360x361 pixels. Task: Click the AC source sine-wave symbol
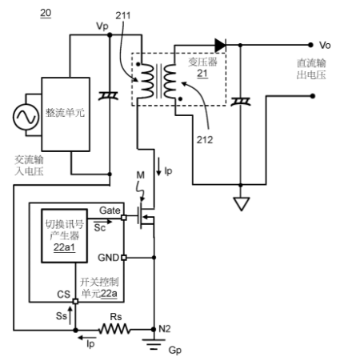click(26, 117)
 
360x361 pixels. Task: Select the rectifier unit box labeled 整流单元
click(66, 114)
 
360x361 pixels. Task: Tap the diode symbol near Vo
click(221, 45)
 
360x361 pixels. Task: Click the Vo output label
click(325, 46)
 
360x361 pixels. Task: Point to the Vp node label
click(102, 26)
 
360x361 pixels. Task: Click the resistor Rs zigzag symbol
click(114, 330)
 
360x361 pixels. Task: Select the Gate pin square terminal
click(124, 218)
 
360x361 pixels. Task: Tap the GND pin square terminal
click(124, 258)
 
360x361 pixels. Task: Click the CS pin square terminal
click(75, 302)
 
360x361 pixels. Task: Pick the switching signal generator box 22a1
click(65, 236)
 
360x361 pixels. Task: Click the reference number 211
click(123, 16)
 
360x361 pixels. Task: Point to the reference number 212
click(205, 140)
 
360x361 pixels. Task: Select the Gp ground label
click(175, 350)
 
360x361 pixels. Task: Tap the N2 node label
click(165, 329)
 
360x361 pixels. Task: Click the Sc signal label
click(100, 228)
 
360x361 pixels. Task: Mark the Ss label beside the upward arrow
click(62, 316)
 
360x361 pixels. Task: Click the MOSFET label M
click(141, 175)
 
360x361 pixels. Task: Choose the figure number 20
click(46, 13)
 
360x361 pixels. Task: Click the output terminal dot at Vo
click(310, 45)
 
